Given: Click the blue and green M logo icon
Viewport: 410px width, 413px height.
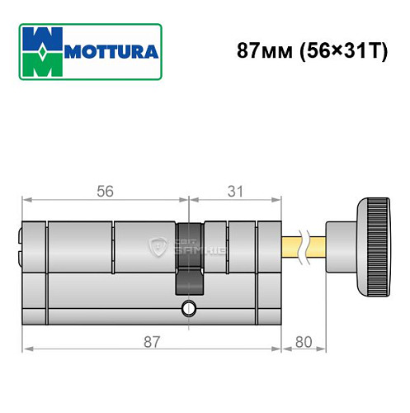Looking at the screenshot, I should point(40,51).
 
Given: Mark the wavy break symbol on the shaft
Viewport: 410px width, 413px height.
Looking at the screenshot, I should point(308,246).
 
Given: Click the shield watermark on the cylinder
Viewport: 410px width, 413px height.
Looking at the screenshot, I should point(155,245).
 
